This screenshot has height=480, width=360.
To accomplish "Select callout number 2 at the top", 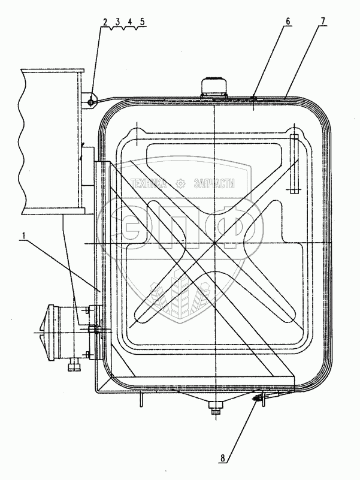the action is [105, 22].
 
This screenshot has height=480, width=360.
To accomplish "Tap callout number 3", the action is [117, 22].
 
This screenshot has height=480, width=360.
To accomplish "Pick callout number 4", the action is [129, 22].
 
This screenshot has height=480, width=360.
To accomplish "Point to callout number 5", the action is [141, 22].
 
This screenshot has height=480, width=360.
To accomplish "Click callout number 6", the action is [288, 22].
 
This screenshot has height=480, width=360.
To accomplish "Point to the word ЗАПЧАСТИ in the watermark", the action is [214, 185].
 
